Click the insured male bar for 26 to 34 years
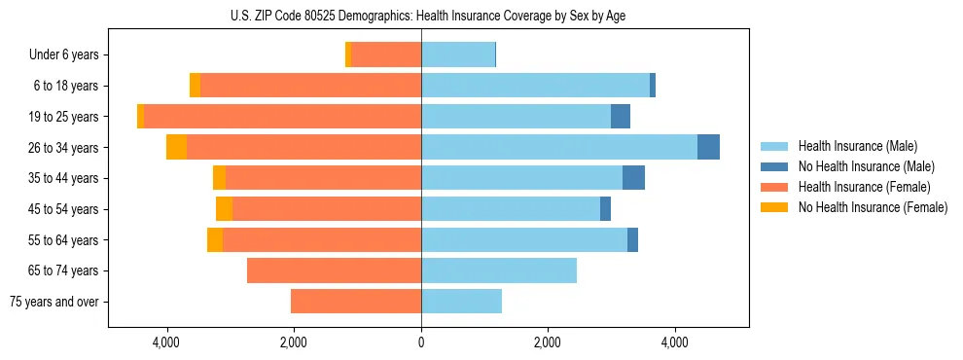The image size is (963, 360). pos(559,147)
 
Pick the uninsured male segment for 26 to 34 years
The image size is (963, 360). pos(708,147)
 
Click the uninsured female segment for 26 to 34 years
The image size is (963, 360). pos(176,147)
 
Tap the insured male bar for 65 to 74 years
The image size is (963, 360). pos(499,270)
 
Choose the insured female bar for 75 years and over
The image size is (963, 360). pos(356,302)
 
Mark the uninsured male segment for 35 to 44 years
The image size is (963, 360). pos(633,178)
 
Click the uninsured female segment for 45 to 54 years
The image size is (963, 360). pos(224,209)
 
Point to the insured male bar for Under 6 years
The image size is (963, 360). pos(458,55)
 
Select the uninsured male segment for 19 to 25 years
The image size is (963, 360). pos(621,117)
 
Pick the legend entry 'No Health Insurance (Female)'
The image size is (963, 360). pos(873,207)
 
